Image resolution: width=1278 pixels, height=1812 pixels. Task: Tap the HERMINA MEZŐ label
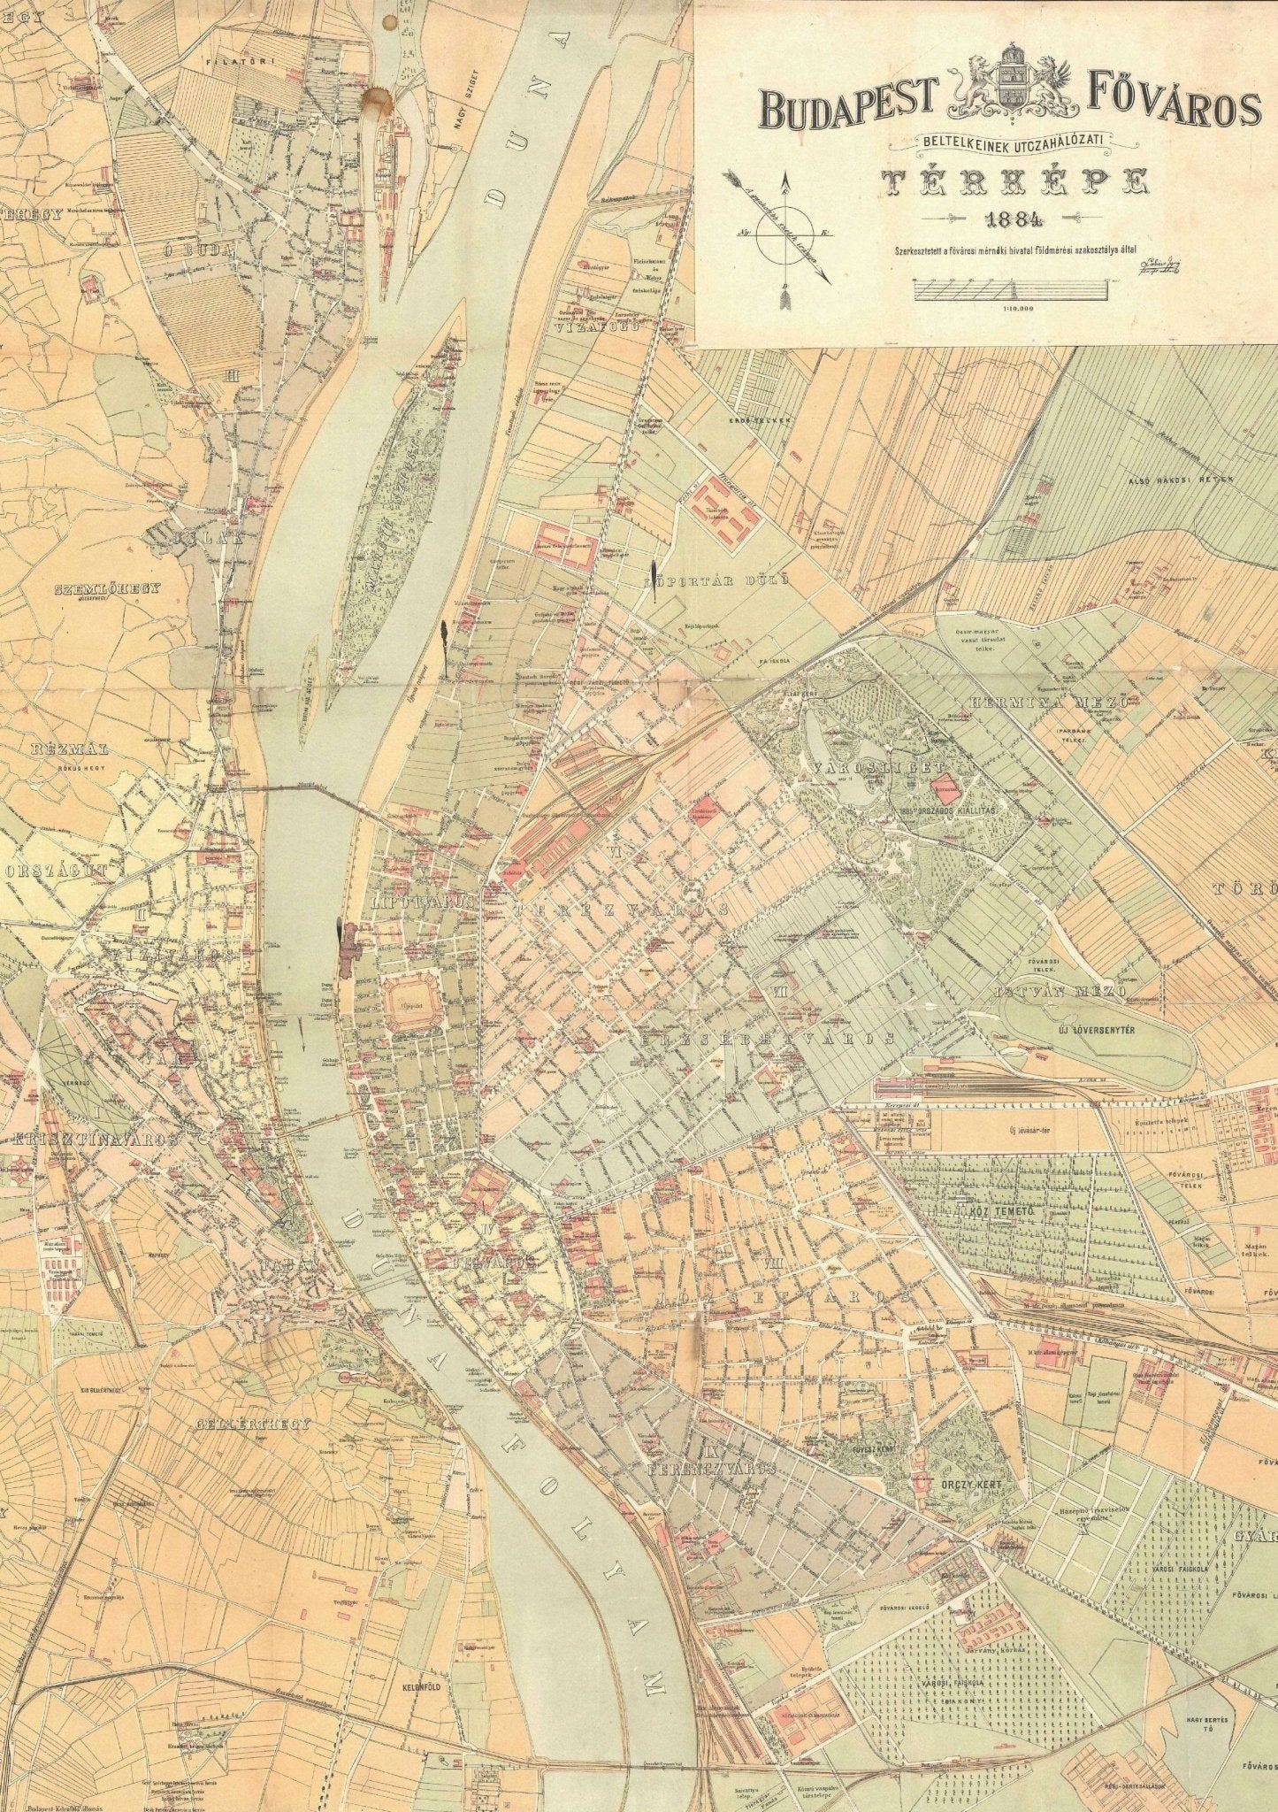tap(1050, 702)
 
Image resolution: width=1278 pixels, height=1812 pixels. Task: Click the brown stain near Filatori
tap(379, 100)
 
